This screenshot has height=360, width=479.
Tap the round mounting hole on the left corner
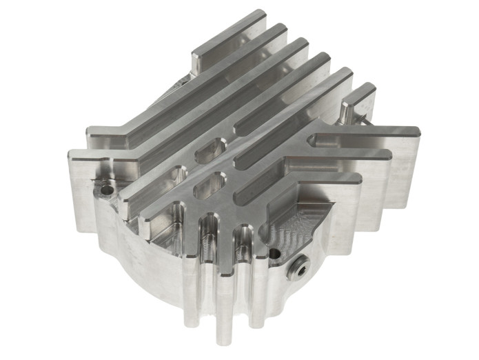tap(105, 187)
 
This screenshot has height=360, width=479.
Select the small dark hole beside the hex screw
tap(275, 254)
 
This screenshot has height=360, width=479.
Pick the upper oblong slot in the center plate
tap(211, 150)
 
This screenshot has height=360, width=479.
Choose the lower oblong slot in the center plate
tap(210, 183)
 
